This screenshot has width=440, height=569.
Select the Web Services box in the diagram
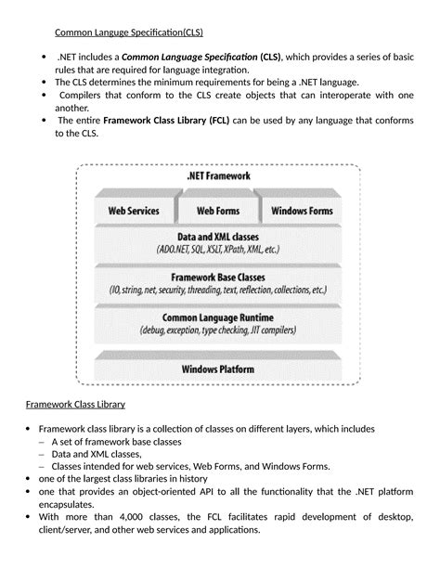click(134, 211)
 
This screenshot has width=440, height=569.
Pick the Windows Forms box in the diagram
click(302, 211)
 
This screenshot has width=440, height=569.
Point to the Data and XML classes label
click(218, 237)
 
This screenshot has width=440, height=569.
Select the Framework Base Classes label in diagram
click(218, 277)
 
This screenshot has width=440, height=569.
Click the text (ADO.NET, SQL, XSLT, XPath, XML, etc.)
click(218, 250)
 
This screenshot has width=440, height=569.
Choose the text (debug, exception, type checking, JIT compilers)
click(218, 330)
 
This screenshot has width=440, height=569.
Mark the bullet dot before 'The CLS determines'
click(45, 82)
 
